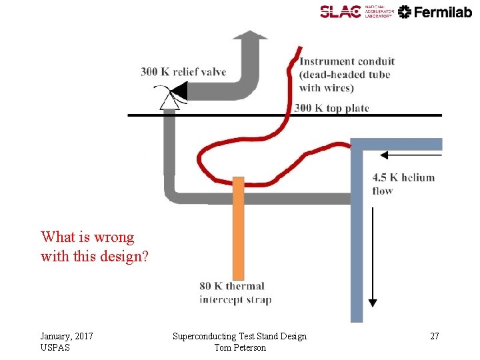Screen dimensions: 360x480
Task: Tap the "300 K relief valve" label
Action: [183, 72]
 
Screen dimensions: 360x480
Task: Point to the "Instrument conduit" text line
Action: [347, 62]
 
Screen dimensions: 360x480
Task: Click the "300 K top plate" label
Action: [331, 108]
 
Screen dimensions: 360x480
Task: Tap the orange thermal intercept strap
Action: [239, 227]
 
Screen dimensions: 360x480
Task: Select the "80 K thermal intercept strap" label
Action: [235, 293]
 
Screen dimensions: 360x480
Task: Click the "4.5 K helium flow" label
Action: [403, 184]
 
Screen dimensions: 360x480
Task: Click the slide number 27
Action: [434, 336]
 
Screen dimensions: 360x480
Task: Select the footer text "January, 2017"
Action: [66, 336]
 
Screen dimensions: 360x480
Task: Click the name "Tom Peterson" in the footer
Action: [239, 347]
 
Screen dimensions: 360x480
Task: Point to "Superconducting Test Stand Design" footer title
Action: [239, 336]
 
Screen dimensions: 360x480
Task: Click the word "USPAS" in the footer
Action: [55, 347]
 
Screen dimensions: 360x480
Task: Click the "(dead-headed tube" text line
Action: [345, 75]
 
